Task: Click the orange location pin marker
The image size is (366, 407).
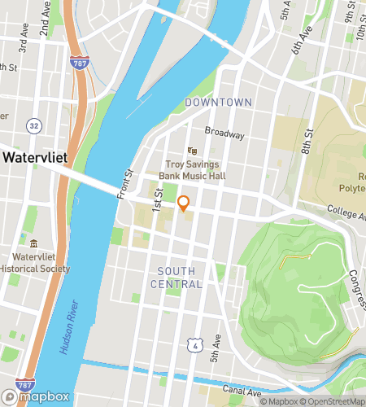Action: tap(184, 203)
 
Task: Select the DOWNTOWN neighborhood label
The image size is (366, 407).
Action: tap(218, 103)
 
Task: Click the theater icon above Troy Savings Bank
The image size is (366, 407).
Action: tap(193, 151)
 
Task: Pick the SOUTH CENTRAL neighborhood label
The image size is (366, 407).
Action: tap(176, 277)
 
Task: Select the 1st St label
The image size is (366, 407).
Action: tap(159, 195)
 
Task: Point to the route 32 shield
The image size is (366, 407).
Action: tap(33, 125)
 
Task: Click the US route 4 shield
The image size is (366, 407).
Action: tap(192, 347)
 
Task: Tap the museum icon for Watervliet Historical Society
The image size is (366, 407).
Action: tap(33, 243)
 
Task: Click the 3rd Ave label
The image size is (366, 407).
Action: tap(24, 43)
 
